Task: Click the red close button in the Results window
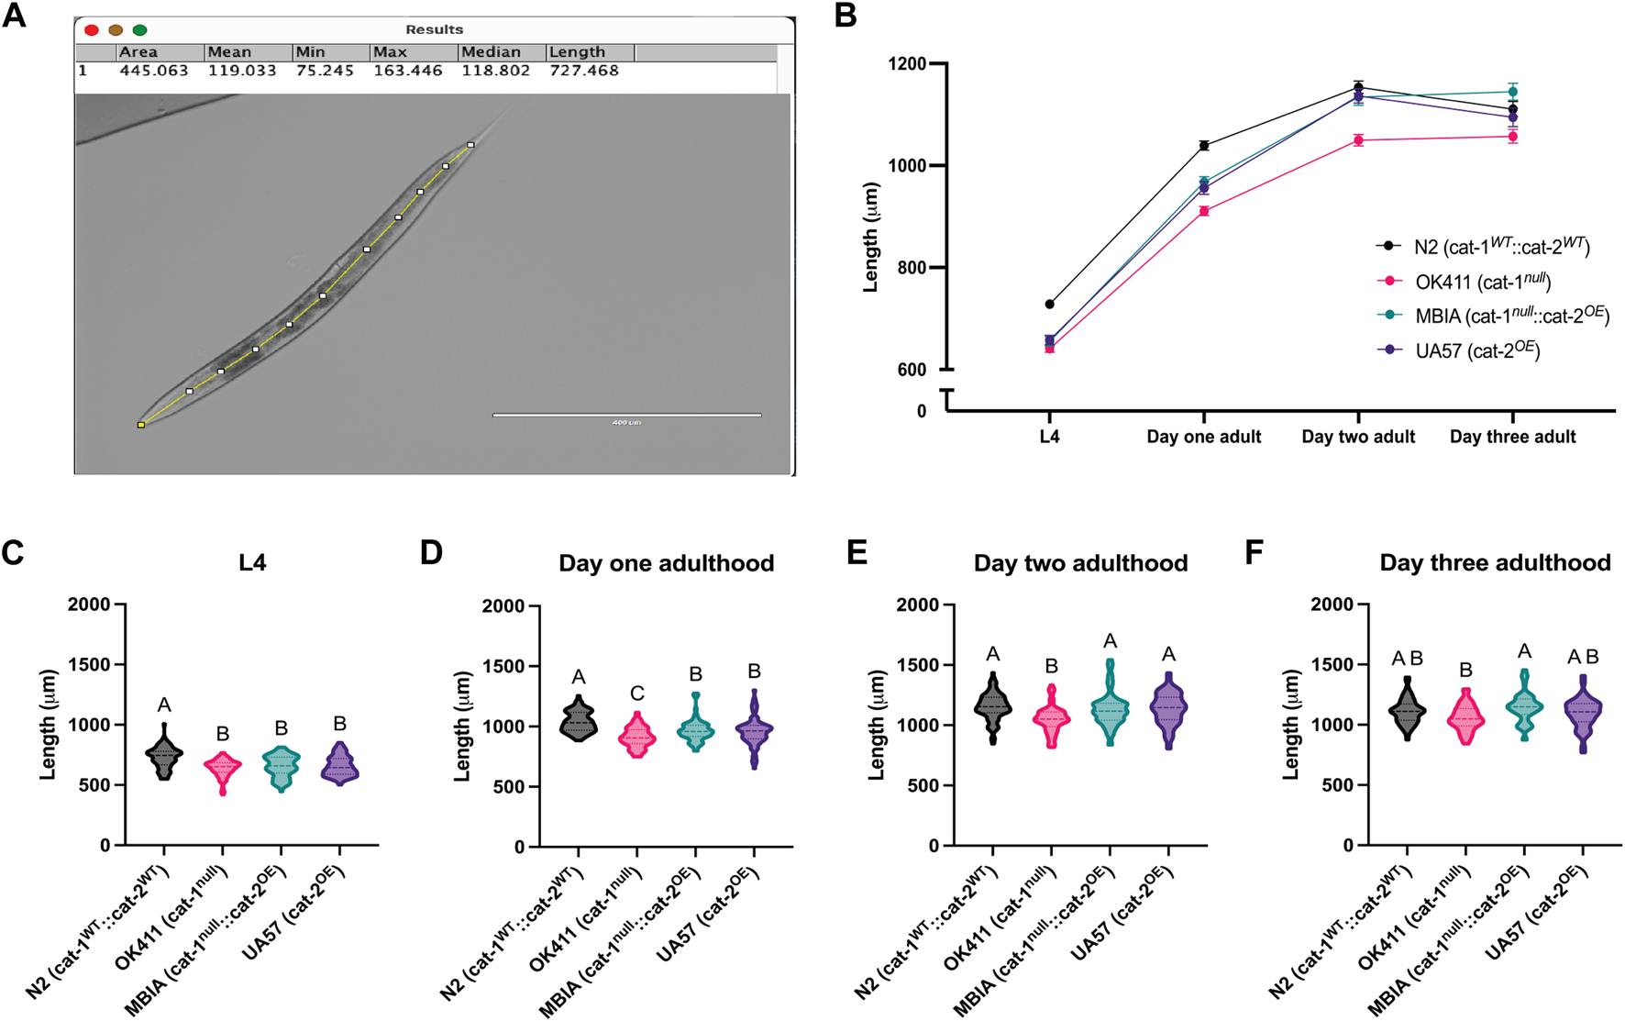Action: [x=92, y=30]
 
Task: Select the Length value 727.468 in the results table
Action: [x=584, y=71]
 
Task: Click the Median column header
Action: [x=491, y=52]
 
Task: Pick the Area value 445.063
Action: [x=154, y=71]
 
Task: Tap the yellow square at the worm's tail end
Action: [x=141, y=425]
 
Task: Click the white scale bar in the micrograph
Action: [x=626, y=415]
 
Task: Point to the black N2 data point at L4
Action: [x=1049, y=304]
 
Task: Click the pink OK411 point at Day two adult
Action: [x=1358, y=140]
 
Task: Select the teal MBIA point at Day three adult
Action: [x=1512, y=92]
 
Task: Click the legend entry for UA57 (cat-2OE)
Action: [x=1476, y=350]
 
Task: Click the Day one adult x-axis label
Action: [x=1203, y=438]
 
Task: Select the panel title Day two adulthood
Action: [x=1080, y=563]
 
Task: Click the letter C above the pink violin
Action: [x=636, y=694]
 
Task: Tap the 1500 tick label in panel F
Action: [x=1332, y=664]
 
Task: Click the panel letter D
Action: [x=430, y=553]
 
